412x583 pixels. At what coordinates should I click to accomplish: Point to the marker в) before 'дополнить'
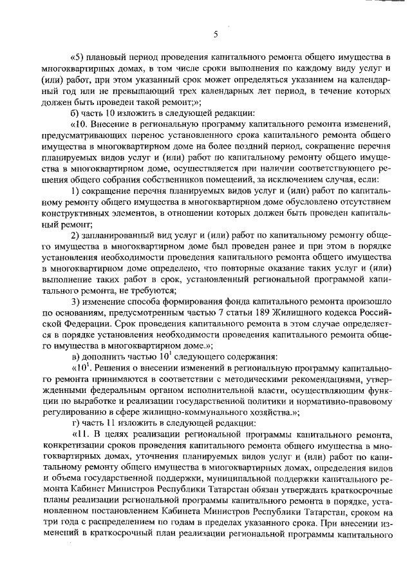[x=77, y=357]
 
